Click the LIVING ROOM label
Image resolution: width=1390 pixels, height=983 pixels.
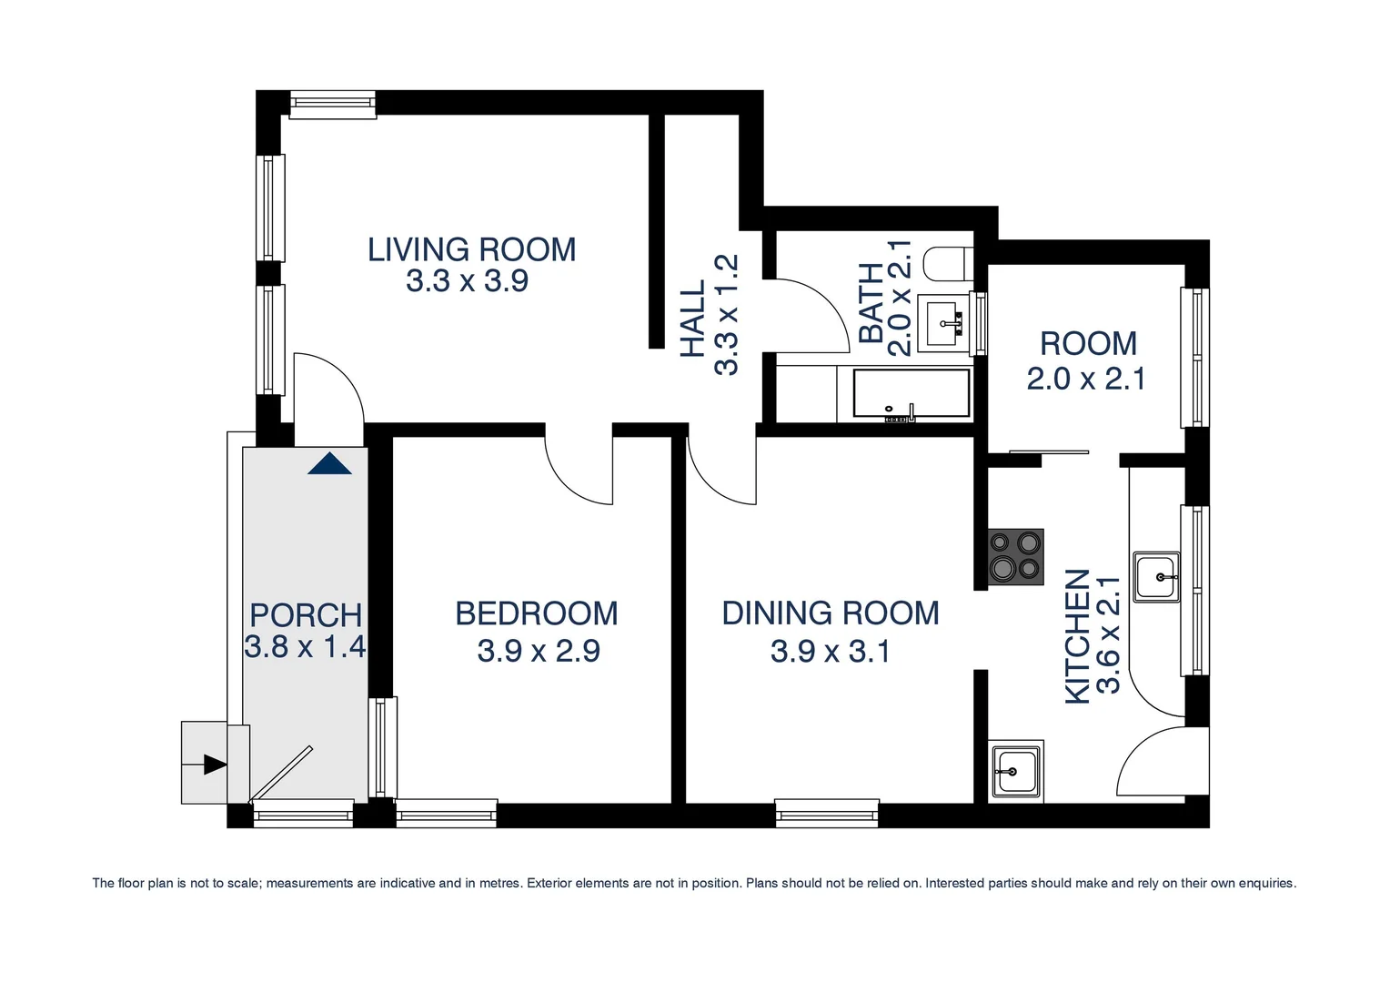coord(471,249)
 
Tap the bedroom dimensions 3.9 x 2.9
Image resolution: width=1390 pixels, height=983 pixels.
coord(538,651)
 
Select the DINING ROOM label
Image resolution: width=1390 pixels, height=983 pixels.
coord(830,613)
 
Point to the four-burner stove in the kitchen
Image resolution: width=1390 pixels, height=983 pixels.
coord(1015,556)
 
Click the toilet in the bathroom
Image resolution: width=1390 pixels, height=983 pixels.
coord(947,263)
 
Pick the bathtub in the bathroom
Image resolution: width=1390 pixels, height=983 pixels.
coord(911,393)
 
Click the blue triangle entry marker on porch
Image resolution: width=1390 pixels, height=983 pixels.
coord(329,464)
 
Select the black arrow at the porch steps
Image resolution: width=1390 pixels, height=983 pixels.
coord(215,764)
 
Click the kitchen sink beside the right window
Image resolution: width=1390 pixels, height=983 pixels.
coord(1156,577)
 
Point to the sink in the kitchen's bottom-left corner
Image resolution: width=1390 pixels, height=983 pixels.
coord(1016,771)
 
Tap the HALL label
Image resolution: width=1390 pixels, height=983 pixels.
coord(693,318)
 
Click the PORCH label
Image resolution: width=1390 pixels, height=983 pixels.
coord(306,615)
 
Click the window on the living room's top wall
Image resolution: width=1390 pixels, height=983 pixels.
coord(333,104)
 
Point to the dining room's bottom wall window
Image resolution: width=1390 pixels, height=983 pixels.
coord(827,812)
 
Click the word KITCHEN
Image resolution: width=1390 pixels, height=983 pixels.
coord(1077,636)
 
